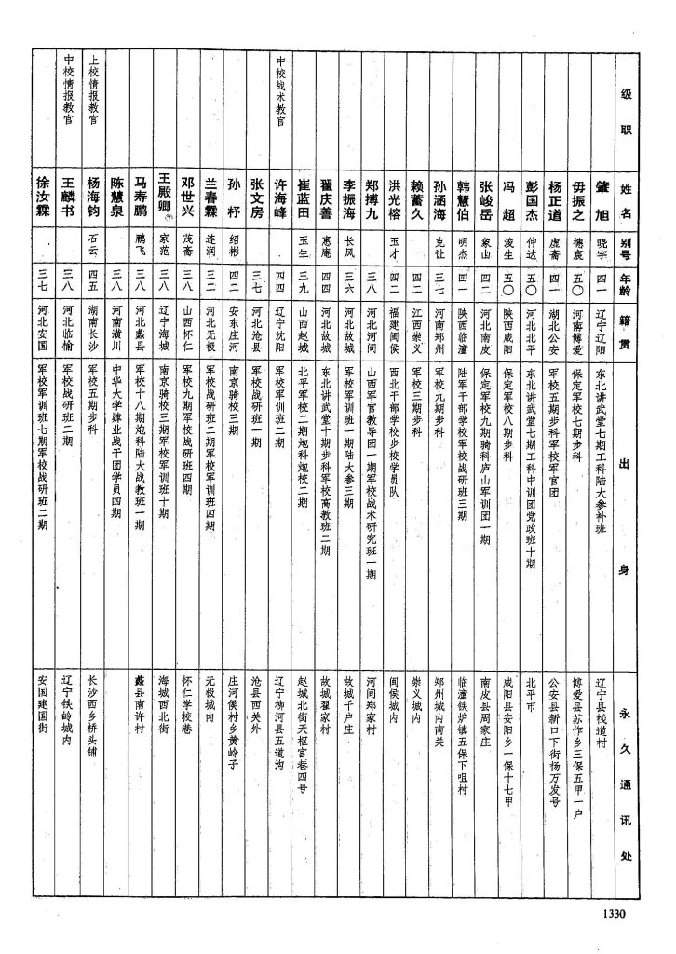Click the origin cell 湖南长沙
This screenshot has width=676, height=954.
(92, 322)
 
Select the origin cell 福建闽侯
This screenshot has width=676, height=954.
(395, 322)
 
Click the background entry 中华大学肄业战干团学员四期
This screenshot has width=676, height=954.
(117, 438)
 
